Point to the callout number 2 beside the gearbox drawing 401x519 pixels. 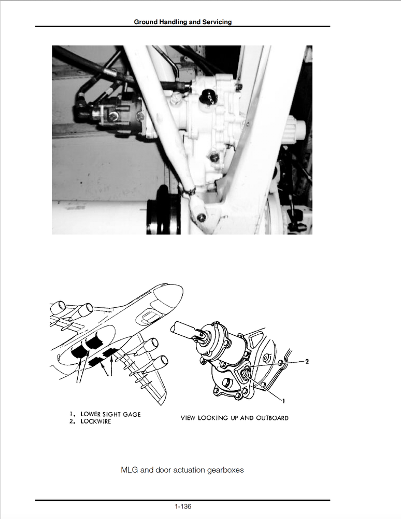pyautogui.click(x=306, y=362)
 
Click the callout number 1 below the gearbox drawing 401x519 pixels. pyautogui.click(x=283, y=400)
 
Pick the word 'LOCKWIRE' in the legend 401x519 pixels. pyautogui.click(x=95, y=422)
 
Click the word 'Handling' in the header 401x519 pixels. pyautogui.click(x=176, y=22)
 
